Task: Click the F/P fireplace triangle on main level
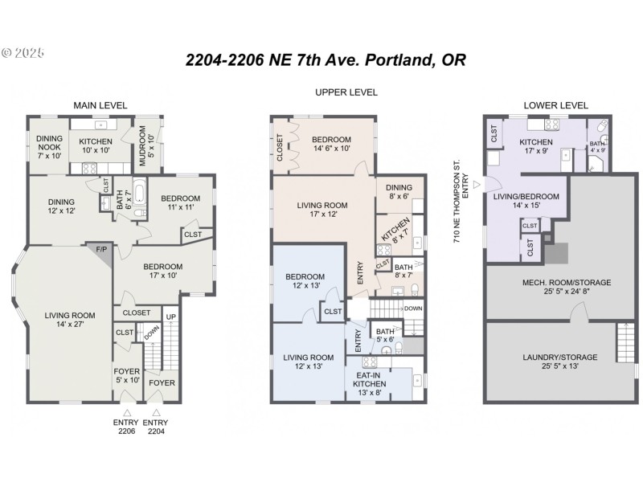click(x=103, y=251)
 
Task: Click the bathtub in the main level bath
click(x=138, y=194)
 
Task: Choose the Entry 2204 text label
click(x=157, y=427)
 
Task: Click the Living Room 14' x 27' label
click(x=65, y=320)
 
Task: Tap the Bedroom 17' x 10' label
click(x=163, y=271)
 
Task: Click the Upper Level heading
click(x=346, y=92)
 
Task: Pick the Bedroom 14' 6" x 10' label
click(x=331, y=144)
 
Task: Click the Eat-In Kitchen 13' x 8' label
click(x=370, y=379)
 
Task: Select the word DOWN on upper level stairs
click(x=412, y=308)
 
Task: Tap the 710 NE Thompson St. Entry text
click(x=461, y=201)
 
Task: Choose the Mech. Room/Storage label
click(x=555, y=287)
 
